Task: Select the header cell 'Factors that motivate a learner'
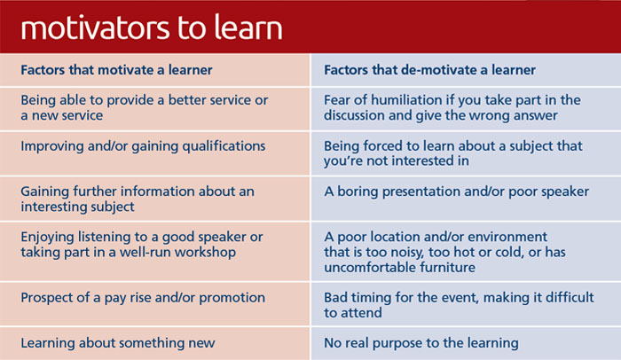[x=155, y=70]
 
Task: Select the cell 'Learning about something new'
[x=155, y=343]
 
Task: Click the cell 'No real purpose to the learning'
[x=466, y=343]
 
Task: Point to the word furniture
[x=447, y=267]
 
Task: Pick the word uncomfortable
[x=370, y=267]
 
